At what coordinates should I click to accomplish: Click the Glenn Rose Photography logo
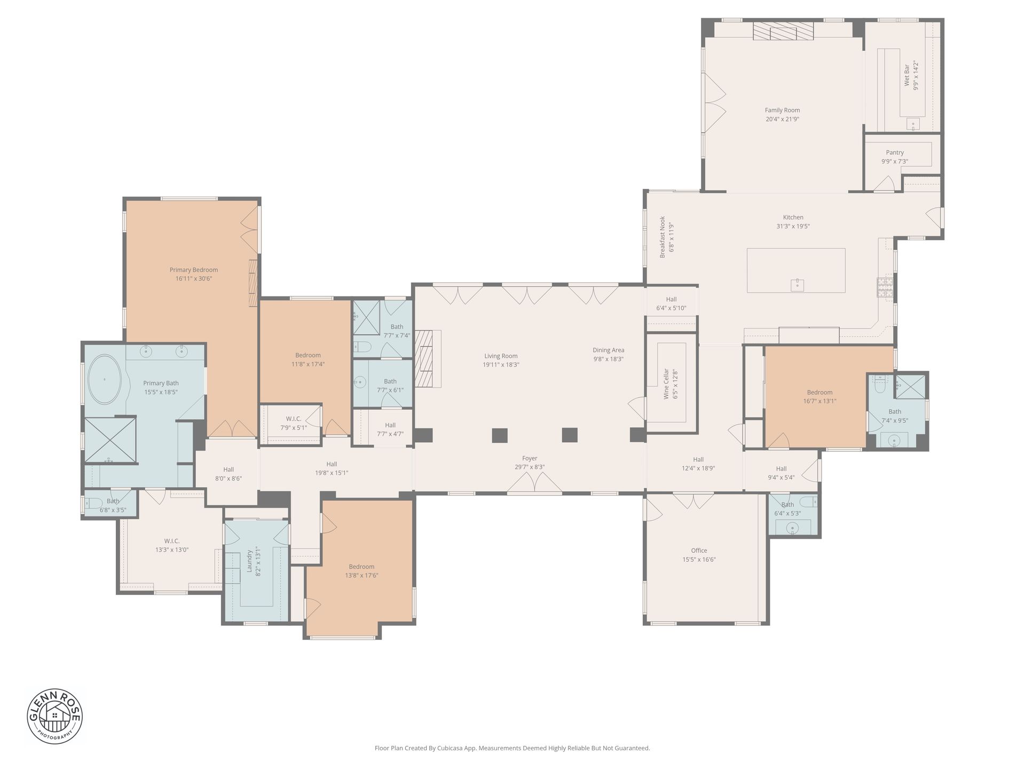point(55,716)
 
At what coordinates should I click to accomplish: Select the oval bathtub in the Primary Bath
point(105,379)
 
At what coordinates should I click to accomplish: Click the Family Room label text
point(782,111)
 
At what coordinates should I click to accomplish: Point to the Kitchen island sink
point(797,285)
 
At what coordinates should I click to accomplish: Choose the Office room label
point(699,551)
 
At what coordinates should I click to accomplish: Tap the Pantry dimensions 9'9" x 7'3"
point(895,161)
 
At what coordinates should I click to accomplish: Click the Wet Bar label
point(906,76)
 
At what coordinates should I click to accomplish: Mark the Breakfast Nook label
point(663,237)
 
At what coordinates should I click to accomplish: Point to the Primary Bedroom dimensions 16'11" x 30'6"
point(194,279)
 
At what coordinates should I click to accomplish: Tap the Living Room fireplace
point(428,358)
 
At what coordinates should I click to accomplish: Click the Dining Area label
point(608,350)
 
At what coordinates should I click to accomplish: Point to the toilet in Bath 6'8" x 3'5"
point(94,503)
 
